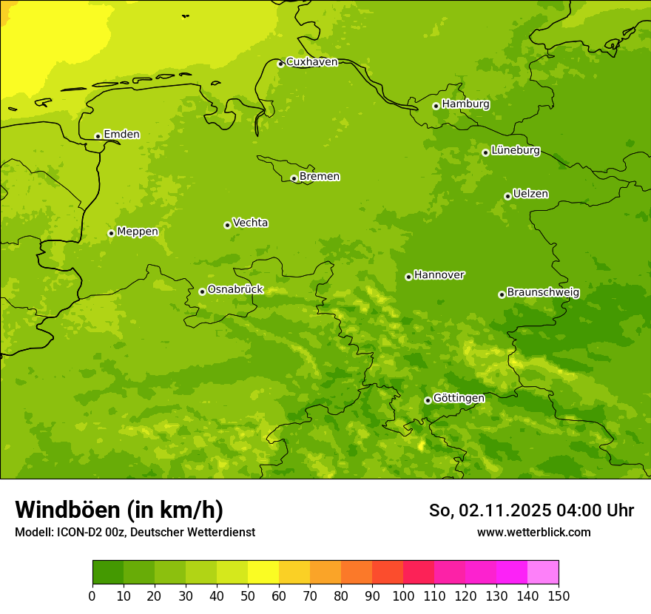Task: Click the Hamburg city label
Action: click(465, 104)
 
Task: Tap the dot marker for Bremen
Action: click(294, 178)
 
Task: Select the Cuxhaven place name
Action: click(311, 62)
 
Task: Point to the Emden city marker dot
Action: click(98, 136)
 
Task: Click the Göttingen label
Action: click(459, 399)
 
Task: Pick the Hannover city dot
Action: click(408, 277)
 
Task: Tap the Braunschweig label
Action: click(543, 293)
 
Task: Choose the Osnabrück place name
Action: click(235, 290)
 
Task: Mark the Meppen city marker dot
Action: click(111, 233)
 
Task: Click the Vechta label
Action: click(250, 223)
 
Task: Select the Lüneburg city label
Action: click(516, 151)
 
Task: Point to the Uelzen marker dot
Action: click(507, 196)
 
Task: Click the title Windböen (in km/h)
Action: click(119, 510)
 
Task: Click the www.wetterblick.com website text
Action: click(533, 532)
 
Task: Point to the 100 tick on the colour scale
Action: click(403, 596)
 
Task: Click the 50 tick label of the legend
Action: click(248, 596)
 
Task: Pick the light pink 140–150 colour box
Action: click(543, 572)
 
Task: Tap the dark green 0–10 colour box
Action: click(108, 572)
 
